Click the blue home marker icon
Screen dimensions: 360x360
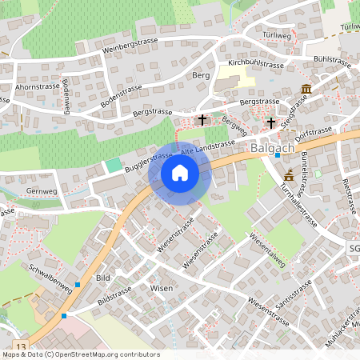[180, 172]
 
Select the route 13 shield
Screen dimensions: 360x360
[20, 345]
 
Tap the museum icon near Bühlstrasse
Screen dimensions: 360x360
[306, 89]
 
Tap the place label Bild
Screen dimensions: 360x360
[102, 277]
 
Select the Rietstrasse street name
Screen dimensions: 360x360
[349, 196]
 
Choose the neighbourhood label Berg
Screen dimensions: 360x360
[200, 74]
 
